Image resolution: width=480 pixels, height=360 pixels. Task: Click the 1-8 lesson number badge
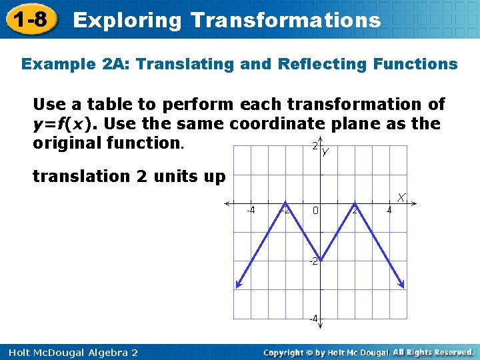[29, 19]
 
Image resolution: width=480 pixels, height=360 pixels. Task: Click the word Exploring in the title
[127, 20]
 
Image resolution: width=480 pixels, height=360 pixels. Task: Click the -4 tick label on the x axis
[250, 211]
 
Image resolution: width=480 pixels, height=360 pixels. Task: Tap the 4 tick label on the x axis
[389, 211]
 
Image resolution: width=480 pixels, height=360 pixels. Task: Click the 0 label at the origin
[316, 211]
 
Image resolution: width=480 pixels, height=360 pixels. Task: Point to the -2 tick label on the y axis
[312, 261]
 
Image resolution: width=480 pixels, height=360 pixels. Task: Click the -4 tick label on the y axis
[312, 319]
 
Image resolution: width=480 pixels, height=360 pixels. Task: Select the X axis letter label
[403, 198]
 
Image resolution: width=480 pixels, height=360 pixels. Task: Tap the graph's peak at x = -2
[285, 203]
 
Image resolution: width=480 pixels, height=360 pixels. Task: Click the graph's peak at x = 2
[355, 203]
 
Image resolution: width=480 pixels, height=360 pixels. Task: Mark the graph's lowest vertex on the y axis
[320, 260]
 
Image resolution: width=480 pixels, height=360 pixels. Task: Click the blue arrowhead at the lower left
[238, 285]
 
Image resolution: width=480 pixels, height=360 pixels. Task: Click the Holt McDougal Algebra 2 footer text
[69, 352]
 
